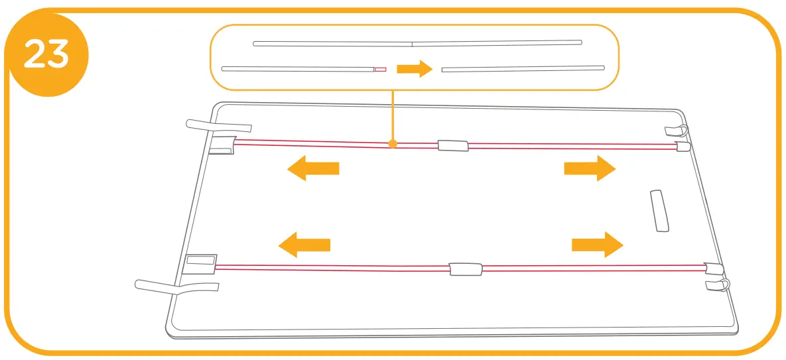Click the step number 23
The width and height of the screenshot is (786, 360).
[x=46, y=55]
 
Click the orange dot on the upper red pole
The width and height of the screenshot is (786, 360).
[x=393, y=143]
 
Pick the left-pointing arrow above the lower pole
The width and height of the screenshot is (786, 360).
[x=304, y=245]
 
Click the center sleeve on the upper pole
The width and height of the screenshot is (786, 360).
[x=452, y=145]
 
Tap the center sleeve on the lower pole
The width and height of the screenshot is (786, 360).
[x=466, y=269]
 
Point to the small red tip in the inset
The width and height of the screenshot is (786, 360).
[x=380, y=69]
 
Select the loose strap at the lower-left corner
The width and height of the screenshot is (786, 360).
[x=176, y=286]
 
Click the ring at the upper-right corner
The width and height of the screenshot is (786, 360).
[x=684, y=129]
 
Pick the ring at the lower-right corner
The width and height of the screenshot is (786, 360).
[x=726, y=285]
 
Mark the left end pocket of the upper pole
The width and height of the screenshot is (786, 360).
[x=223, y=145]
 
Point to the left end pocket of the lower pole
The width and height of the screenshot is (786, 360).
[x=201, y=264]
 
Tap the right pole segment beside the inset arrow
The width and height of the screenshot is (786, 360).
[x=523, y=68]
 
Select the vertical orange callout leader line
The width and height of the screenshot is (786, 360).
[x=393, y=115]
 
